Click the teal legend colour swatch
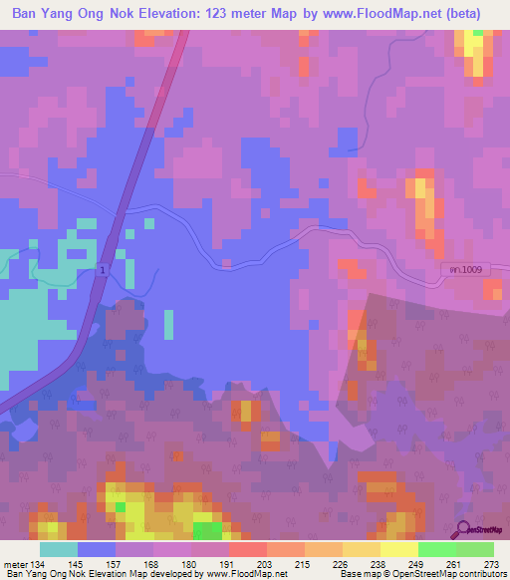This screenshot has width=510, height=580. click(x=59, y=549)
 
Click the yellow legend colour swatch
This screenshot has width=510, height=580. click(x=398, y=549)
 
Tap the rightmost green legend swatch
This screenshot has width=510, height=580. click(x=475, y=549)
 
